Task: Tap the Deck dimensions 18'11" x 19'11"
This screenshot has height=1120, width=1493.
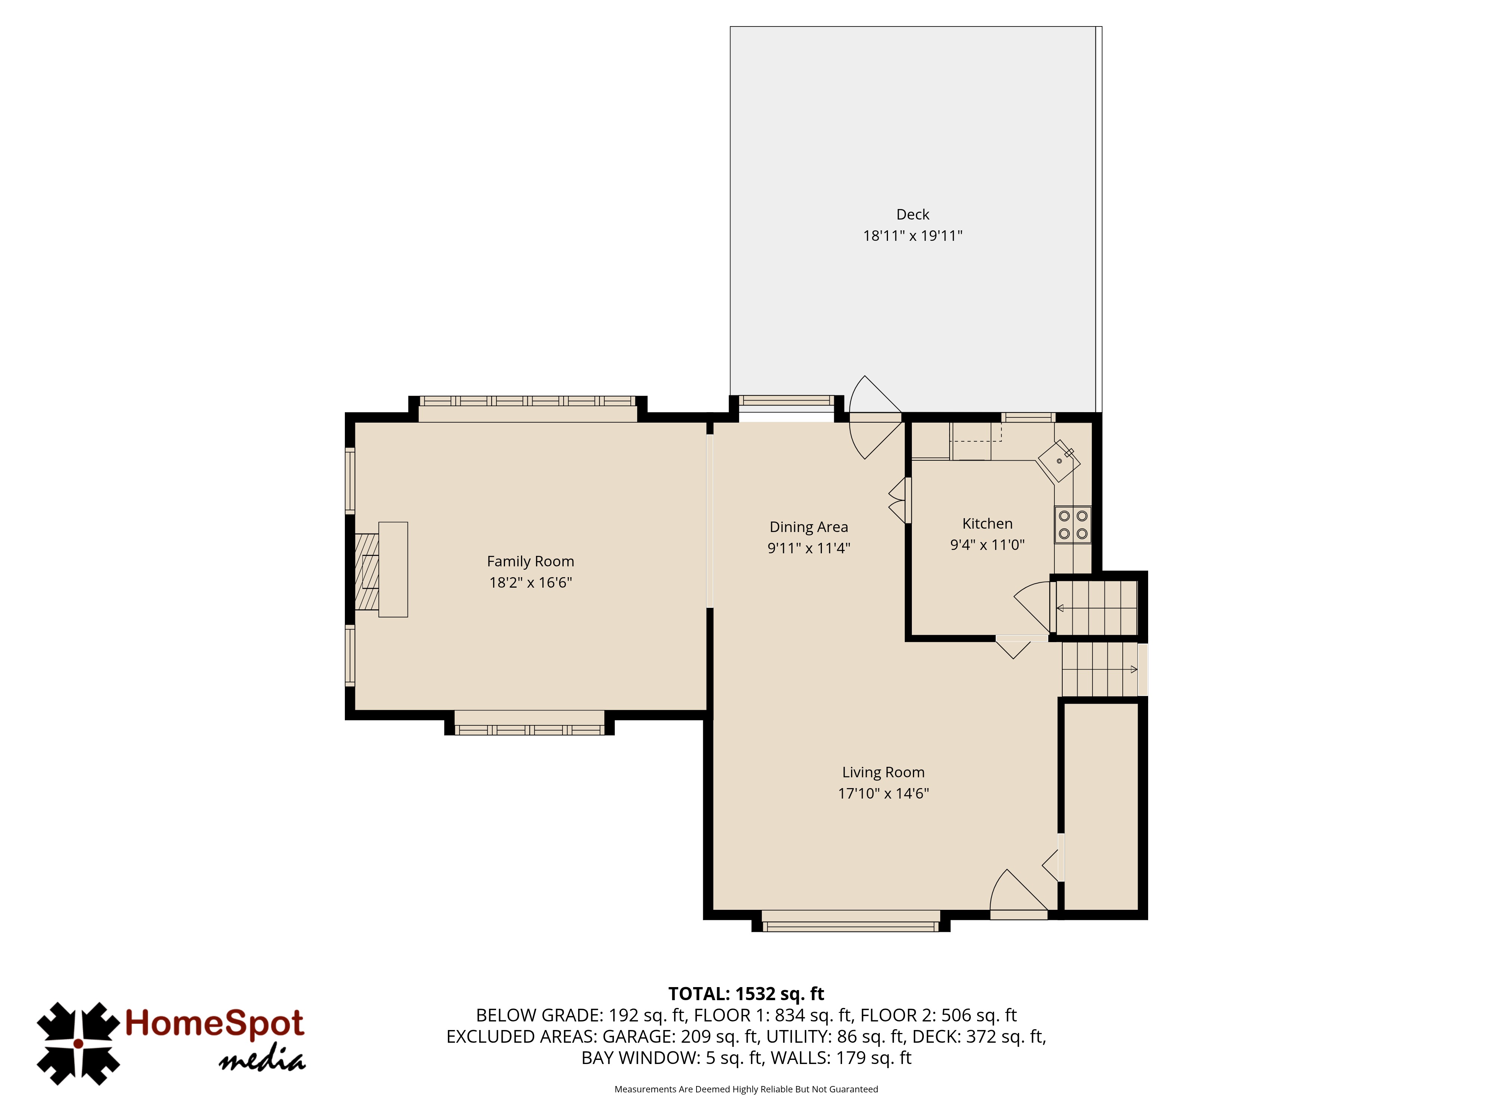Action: [913, 236]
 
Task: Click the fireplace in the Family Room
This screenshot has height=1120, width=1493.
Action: [381, 569]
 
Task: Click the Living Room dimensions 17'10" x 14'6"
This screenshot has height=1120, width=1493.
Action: [883, 793]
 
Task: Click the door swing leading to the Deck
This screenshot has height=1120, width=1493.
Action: [875, 417]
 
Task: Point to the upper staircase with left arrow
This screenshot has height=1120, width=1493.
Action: [1096, 608]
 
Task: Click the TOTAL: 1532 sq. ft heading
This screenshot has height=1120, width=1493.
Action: [746, 994]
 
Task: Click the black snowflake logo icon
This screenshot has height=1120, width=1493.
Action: [78, 1044]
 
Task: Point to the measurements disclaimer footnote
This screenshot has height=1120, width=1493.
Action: [746, 1089]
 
